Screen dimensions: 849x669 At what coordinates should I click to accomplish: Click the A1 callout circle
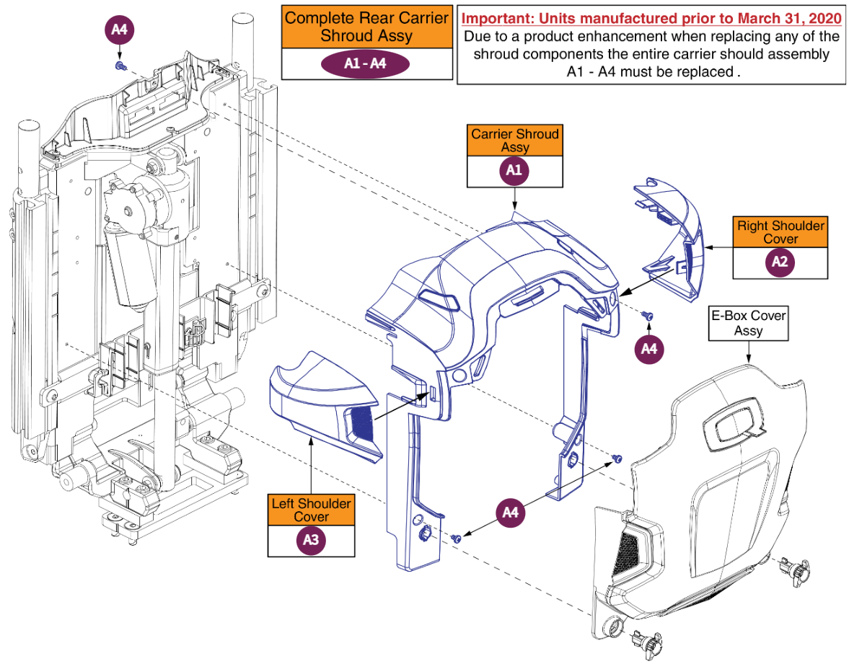coord(514,171)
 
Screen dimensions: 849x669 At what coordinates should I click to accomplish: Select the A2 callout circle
coord(780,262)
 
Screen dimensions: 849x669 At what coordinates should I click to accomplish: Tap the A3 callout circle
coord(311,540)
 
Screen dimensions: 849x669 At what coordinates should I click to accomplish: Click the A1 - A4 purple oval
coord(366,64)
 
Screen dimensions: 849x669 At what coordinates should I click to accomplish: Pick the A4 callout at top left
coord(119,30)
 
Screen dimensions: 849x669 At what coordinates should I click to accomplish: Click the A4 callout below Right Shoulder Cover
coord(648,349)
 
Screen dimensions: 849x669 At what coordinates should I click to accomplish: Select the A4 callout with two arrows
coord(511,513)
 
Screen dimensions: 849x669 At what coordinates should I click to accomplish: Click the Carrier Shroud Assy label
coord(515,141)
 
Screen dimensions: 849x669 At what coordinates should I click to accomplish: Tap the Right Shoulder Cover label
coord(780,232)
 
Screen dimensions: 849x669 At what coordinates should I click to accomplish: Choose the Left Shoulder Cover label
coord(312,510)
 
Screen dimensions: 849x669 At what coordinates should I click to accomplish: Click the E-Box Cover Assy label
coord(748,323)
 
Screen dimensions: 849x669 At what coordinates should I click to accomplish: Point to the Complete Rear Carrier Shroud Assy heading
coord(367,27)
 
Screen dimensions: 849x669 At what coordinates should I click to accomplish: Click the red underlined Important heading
coord(651,19)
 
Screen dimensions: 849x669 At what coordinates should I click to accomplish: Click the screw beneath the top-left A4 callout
coord(120,66)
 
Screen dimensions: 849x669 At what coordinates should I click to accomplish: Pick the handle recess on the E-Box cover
coord(735,424)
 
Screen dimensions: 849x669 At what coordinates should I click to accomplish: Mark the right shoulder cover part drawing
coord(670,239)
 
